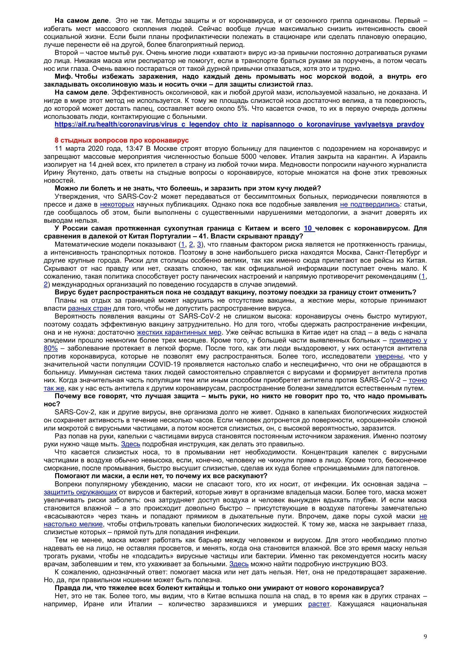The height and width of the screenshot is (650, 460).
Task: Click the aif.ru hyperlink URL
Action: click(239, 124)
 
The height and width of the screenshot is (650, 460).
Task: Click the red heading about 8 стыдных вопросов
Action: click(122, 140)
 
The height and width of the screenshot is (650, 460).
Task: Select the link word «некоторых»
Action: click(117, 205)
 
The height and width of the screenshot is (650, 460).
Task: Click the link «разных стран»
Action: click(90, 308)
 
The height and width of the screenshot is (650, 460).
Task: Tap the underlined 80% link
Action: click(51, 348)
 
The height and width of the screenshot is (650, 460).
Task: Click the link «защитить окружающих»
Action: click(80, 492)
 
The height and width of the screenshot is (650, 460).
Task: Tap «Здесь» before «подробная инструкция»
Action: click(131, 444)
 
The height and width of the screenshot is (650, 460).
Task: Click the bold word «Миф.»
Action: click(64, 76)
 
